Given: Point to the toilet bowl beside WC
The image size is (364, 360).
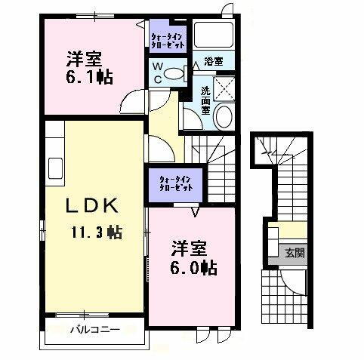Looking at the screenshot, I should pyautogui.click(x=173, y=74).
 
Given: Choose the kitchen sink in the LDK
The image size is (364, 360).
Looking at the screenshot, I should pyautogui.click(x=54, y=166).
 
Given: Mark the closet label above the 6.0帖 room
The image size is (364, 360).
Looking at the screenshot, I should pyautogui.click(x=173, y=183).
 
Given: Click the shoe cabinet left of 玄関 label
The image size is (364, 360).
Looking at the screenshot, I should pyautogui.click(x=271, y=243).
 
